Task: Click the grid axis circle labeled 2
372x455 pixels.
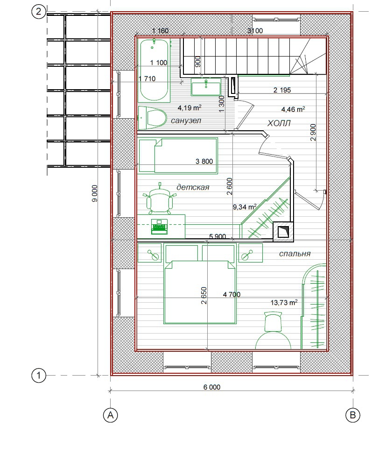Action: click(39, 13)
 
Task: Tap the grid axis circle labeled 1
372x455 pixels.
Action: click(39, 376)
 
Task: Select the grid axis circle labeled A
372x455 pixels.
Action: click(111, 415)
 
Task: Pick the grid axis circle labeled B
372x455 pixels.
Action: click(353, 415)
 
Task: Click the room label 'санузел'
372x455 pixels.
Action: click(186, 121)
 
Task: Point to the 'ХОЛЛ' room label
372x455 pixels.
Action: click(279, 124)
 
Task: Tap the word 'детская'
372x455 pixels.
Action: click(193, 187)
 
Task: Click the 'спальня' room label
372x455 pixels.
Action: click(295, 254)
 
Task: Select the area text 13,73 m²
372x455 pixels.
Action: click(284, 302)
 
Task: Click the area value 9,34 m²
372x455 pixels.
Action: click(245, 206)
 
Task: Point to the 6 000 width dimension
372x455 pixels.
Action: click(211, 387)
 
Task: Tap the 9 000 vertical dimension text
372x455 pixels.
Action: click(95, 193)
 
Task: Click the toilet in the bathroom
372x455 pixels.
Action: click(152, 118)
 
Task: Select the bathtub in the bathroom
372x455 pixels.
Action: click(154, 70)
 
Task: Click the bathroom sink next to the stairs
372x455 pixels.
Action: click(206, 86)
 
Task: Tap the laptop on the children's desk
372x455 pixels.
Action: click(159, 227)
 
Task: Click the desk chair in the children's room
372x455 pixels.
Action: click(159, 199)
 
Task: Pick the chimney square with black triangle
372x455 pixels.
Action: click(283, 232)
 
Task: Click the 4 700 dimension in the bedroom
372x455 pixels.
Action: click(232, 294)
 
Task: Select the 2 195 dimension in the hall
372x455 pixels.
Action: click(282, 90)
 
